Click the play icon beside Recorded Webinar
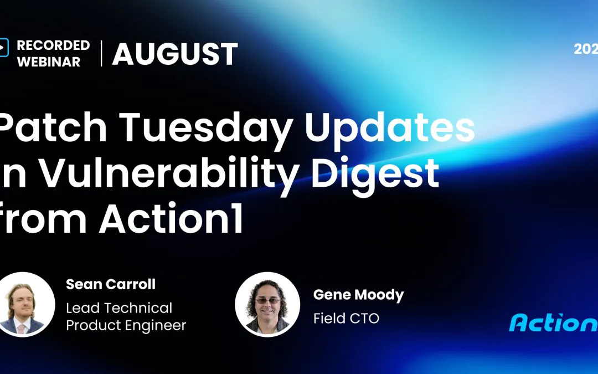[4, 48]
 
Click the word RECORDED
[53, 45]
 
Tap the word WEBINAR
[49, 62]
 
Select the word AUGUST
[175, 54]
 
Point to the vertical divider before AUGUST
[101, 54]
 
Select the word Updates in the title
[390, 128]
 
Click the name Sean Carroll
[111, 284]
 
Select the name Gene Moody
[358, 295]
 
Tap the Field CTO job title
[346, 318]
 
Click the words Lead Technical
[119, 308]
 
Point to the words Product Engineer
[126, 325]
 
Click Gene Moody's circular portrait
[267, 305]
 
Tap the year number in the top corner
[586, 49]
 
